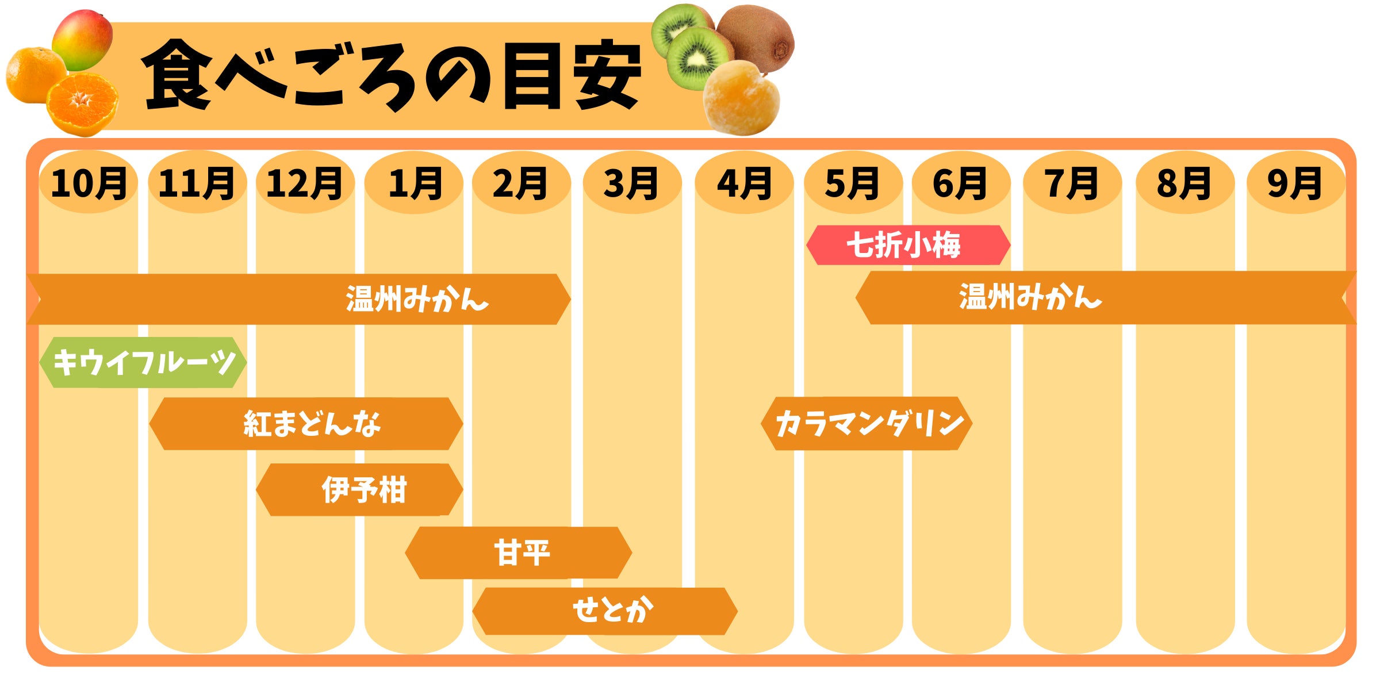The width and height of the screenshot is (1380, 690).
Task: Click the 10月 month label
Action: pyautogui.click(x=89, y=183)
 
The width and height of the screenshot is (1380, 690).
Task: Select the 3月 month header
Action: pyautogui.click(x=631, y=183)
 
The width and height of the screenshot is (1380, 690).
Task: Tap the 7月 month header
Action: pyautogui.click(x=1071, y=183)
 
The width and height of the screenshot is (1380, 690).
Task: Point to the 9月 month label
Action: pyautogui.click(x=1295, y=183)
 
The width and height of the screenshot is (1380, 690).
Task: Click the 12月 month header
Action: pyautogui.click(x=305, y=183)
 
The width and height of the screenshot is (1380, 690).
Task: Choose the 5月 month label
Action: pyautogui.click(x=852, y=183)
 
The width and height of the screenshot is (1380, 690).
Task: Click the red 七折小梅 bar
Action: pyautogui.click(x=908, y=245)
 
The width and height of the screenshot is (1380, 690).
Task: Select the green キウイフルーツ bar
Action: pyautogui.click(x=143, y=362)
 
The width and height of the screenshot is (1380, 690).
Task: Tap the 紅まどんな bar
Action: pyautogui.click(x=306, y=424)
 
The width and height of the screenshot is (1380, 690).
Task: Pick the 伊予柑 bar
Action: pyautogui.click(x=359, y=490)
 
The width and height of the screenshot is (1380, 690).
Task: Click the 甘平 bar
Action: pyautogui.click(x=519, y=553)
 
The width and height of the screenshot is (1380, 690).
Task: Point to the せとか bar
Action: pyautogui.click(x=605, y=611)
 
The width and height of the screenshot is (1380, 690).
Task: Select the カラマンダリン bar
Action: pyautogui.click(x=867, y=423)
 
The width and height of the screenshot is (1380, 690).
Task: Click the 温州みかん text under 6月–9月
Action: pyautogui.click(x=1030, y=297)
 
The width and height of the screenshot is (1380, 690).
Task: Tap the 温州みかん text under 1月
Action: pyautogui.click(x=417, y=299)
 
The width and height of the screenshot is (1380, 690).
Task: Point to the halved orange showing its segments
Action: pyautogui.click(x=82, y=104)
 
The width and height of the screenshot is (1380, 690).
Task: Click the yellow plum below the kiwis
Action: pyautogui.click(x=741, y=98)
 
